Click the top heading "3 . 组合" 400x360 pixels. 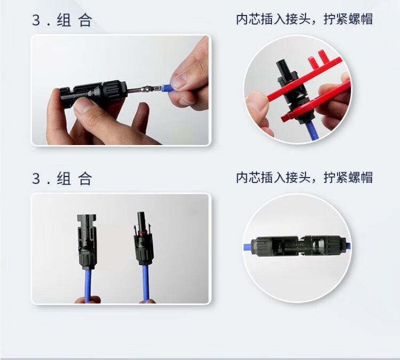62,20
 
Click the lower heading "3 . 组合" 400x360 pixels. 62,178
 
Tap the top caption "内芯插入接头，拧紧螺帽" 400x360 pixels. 304,19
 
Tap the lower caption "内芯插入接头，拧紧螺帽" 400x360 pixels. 304,177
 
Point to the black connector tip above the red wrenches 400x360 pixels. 284,67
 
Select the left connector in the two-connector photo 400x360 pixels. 87,242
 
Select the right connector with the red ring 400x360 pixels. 144,238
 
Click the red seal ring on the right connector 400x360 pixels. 143,233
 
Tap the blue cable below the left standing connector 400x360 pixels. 88,285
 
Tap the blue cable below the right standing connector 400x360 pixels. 146,284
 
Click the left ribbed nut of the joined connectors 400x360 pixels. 261,246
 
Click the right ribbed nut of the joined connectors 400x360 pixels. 335,245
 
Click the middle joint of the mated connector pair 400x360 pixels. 300,245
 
